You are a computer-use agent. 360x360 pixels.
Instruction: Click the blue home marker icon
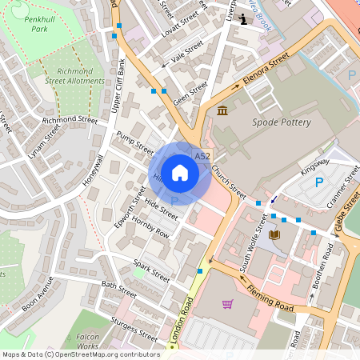pyautogui.click(x=180, y=173)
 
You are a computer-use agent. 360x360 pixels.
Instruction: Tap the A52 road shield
pyautogui.click(x=202, y=156)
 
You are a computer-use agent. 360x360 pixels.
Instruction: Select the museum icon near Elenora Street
pyautogui.click(x=222, y=110)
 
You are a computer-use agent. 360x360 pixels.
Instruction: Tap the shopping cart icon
pyautogui.click(x=228, y=304)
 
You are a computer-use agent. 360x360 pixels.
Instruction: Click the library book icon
pyautogui.click(x=275, y=234)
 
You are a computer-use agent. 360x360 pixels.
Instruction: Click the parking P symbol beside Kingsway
pyautogui.click(x=318, y=182)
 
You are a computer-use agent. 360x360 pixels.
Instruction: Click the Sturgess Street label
pyautogui.click(x=134, y=328)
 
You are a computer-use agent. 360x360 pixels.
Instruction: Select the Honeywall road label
pyautogui.click(x=93, y=169)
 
